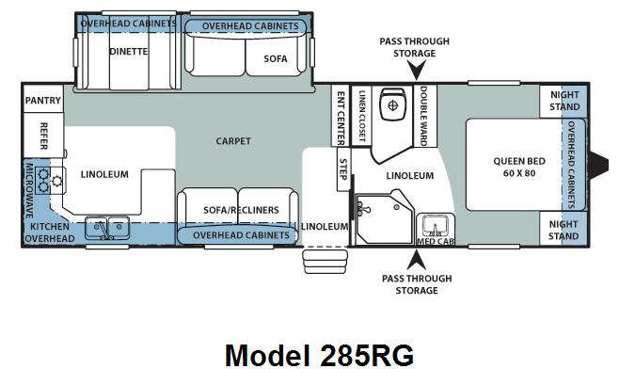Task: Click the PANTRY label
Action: pyautogui.click(x=43, y=101)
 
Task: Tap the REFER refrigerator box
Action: pyautogui.click(x=43, y=136)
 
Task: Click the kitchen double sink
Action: pyautogui.click(x=107, y=228)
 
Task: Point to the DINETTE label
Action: pyautogui.click(x=129, y=52)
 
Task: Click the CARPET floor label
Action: pyautogui.click(x=233, y=141)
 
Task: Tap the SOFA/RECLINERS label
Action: pyautogui.click(x=241, y=210)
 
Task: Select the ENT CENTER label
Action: pyautogui.click(x=341, y=118)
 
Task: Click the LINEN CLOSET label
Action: pyautogui.click(x=361, y=116)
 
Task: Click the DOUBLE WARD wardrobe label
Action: pyautogui.click(x=424, y=116)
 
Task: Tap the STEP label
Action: pyautogui.click(x=343, y=169)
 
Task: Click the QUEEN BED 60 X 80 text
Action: pyautogui.click(x=519, y=168)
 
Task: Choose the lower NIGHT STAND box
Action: pyautogui.click(x=563, y=229)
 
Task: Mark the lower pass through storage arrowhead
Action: pyautogui.click(x=417, y=261)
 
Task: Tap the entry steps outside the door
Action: pyautogui.click(x=325, y=261)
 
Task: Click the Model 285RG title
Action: pyautogui.click(x=319, y=356)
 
